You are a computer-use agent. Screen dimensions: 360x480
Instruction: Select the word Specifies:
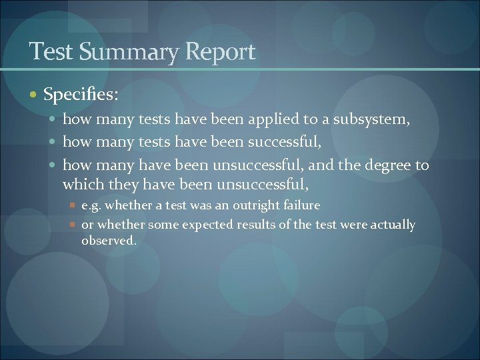tap(81, 95)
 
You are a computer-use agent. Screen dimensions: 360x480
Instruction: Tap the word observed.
tap(109, 241)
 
